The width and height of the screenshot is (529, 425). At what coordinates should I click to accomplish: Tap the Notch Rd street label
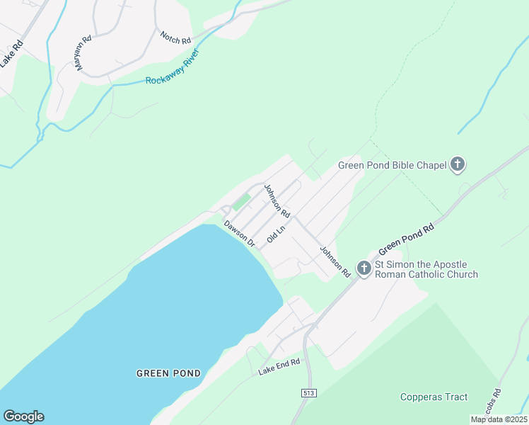(x=176, y=38)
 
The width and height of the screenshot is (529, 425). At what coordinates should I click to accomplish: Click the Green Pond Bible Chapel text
(x=393, y=165)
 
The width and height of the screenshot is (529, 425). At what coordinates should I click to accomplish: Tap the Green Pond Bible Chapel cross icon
(x=458, y=165)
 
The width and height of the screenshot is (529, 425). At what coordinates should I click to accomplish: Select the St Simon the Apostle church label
(x=426, y=270)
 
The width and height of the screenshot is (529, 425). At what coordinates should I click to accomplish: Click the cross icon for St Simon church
(x=364, y=268)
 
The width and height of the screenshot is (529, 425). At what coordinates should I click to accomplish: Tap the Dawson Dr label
(x=240, y=233)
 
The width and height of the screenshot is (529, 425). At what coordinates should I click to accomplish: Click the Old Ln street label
(x=276, y=235)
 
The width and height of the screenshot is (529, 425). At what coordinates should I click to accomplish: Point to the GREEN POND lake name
(x=168, y=373)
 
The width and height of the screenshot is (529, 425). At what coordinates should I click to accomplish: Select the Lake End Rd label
(x=279, y=366)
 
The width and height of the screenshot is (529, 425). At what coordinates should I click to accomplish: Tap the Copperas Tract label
(x=434, y=397)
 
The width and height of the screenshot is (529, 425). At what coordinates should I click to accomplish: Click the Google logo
(x=23, y=416)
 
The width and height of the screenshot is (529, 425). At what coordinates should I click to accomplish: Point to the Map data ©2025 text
(x=499, y=419)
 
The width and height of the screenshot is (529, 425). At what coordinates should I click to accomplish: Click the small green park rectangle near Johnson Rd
(x=241, y=202)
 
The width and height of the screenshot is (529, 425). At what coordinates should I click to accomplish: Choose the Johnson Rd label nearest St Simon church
(x=335, y=261)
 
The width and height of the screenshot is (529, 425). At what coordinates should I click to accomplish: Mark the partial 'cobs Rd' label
(x=496, y=402)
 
